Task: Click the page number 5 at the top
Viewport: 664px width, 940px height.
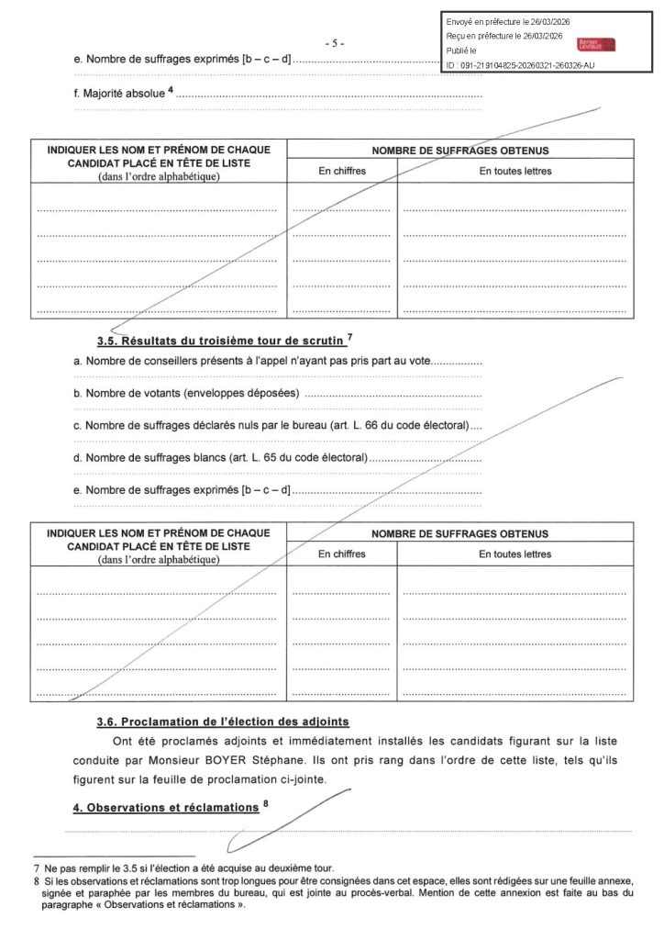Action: [x=335, y=43]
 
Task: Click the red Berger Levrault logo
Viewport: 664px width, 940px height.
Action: [x=596, y=45]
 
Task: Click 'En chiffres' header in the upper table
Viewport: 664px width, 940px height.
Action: [x=341, y=172]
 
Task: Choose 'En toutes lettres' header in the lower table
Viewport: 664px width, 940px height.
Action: [x=515, y=554]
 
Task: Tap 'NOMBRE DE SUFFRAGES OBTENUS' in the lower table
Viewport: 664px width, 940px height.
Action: [x=459, y=533]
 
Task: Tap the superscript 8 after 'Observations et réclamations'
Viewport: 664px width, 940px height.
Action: [x=265, y=804]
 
